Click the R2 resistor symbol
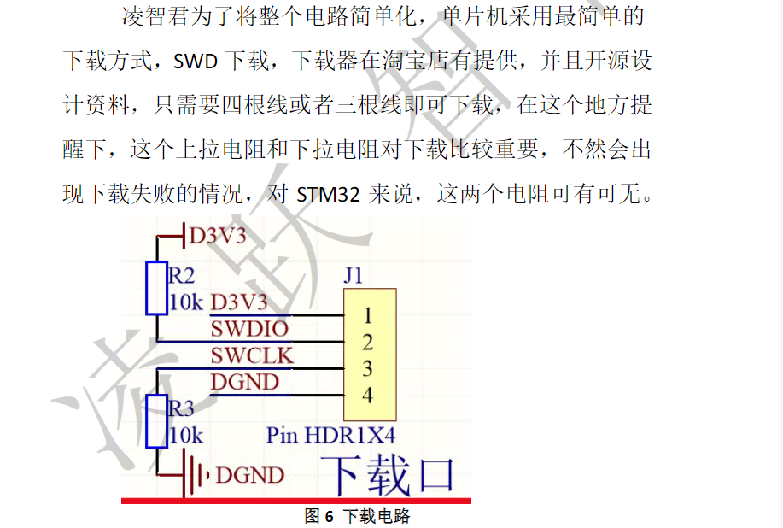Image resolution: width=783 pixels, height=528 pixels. pos(156,288)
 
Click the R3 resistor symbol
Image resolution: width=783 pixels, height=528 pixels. pos(156,421)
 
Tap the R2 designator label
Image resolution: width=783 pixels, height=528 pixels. pos(182,275)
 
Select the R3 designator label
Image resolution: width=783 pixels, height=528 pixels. pos(182,408)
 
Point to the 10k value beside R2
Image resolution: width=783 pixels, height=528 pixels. pos(186,302)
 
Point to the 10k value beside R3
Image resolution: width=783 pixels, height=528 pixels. pos(186,435)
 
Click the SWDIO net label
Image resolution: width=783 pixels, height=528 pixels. pos(249,328)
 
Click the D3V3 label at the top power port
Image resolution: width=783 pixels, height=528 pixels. pos(218,235)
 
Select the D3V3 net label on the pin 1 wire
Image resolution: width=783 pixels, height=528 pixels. pos(239,302)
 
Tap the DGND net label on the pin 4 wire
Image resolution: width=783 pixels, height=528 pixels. pos(245,381)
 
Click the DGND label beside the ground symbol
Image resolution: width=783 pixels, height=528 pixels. pos(250,474)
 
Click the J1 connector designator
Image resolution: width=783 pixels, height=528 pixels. pos(354,276)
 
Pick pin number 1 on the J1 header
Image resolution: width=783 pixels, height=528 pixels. pos(368,316)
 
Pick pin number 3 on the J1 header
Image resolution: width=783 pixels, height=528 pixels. pos(368,369)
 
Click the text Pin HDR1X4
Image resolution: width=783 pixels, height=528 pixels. pos(331,435)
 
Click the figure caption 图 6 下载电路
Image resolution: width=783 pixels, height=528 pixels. pos(358,516)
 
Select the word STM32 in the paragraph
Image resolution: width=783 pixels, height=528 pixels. pos(329,194)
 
